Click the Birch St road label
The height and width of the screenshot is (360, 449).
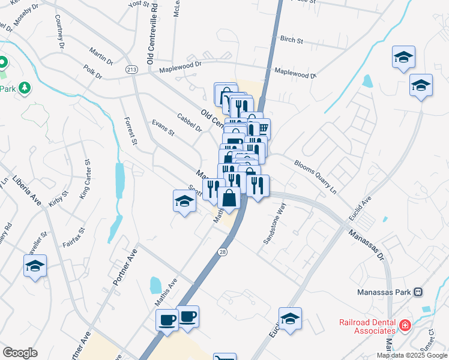pyautogui.click(x=292, y=40)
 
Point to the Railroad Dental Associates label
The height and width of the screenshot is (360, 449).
pyautogui.click(x=368, y=326)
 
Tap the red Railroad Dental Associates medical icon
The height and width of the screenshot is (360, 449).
pyautogui.click(x=406, y=325)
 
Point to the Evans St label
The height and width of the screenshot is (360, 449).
pyautogui.click(x=163, y=128)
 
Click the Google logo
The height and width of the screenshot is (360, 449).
pyautogui.click(x=20, y=353)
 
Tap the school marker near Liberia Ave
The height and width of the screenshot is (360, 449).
pyautogui.click(x=35, y=266)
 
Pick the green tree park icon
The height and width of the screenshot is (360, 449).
pyautogui.click(x=25, y=89)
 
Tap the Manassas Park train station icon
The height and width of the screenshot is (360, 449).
pyautogui.click(x=418, y=292)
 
